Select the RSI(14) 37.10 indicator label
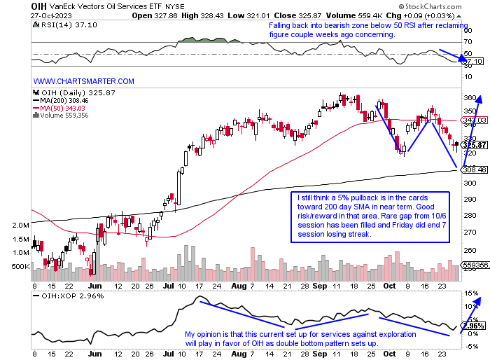click(x=57, y=24)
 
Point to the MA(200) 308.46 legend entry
click(x=64, y=101)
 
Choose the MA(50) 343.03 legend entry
click(x=62, y=108)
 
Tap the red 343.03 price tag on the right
click(x=474, y=120)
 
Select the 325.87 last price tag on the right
click(x=474, y=145)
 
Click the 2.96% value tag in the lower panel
click(x=474, y=326)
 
